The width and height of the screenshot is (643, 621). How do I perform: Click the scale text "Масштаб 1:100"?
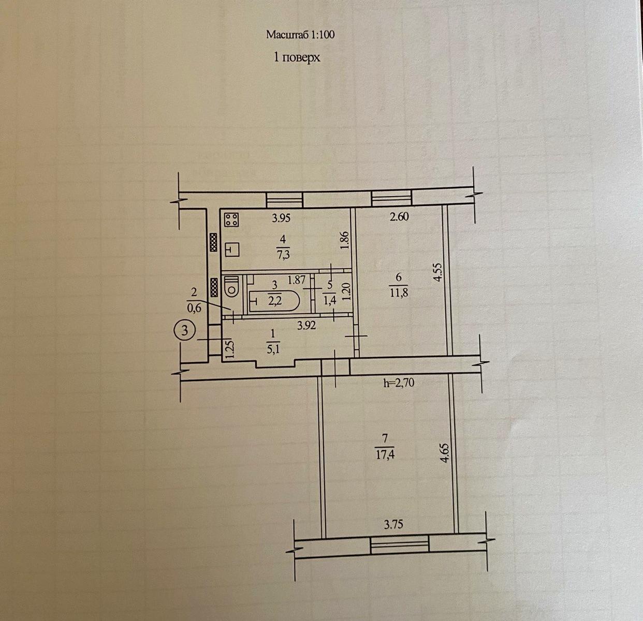click(300, 34)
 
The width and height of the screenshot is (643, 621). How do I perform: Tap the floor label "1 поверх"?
click(297, 57)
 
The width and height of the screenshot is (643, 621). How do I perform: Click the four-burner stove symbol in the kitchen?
click(231, 219)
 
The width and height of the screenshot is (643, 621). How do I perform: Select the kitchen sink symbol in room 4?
click(232, 249)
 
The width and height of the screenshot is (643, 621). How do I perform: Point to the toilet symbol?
click(231, 288)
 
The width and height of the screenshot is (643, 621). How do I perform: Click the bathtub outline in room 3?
click(274, 301)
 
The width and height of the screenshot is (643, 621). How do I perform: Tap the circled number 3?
click(185, 330)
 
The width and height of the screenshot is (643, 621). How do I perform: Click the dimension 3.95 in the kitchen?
click(281, 218)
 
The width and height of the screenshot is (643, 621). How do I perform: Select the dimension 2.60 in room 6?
click(399, 217)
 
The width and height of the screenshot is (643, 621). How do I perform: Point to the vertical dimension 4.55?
click(437, 272)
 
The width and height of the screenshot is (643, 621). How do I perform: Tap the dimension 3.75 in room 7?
click(393, 524)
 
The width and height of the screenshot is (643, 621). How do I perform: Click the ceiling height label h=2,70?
click(399, 383)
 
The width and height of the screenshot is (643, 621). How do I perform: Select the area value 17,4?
click(385, 456)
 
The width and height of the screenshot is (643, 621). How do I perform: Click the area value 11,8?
click(399, 293)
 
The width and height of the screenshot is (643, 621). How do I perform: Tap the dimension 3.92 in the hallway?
click(306, 326)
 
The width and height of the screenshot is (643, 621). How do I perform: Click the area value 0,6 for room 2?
click(194, 308)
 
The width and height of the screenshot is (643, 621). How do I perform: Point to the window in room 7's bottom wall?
click(399, 545)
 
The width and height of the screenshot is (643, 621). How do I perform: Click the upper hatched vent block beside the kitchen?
click(214, 242)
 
